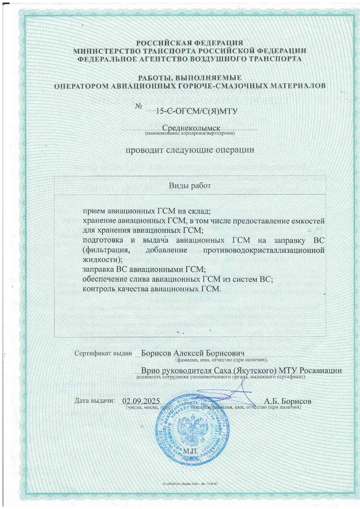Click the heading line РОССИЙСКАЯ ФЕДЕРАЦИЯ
pyautogui.click(x=190, y=43)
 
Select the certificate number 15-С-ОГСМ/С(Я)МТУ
pyautogui.click(x=197, y=111)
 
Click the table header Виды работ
pyautogui.click(x=190, y=185)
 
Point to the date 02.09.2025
pyautogui.click(x=141, y=400)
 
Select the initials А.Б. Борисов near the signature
pyautogui.click(x=288, y=400)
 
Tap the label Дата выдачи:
pyautogui.click(x=95, y=400)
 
